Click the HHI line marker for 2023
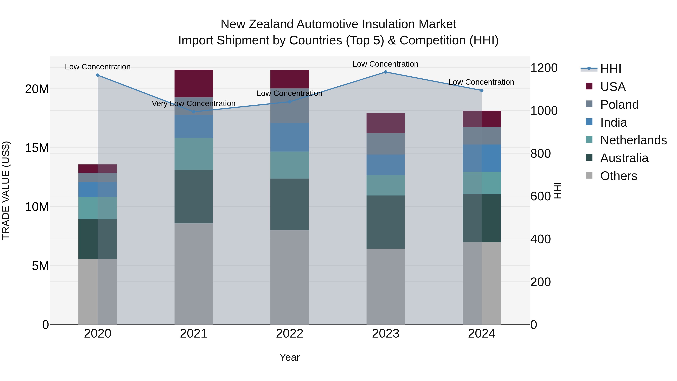coord(386,72)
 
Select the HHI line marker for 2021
coord(194,112)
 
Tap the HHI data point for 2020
coord(97,75)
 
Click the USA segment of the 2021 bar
coord(194,84)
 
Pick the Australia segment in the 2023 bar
coord(386,222)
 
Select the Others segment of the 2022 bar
coord(290,277)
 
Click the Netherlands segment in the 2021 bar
coord(194,154)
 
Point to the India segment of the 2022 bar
coord(290,137)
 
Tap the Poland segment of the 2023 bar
coord(386,144)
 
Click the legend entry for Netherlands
coord(633,140)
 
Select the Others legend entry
coord(619,176)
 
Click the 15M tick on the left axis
coord(37,148)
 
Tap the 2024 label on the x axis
coord(481,334)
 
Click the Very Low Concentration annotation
coord(194,104)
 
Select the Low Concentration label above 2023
coord(385,64)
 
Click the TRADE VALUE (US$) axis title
coord(6,190)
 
